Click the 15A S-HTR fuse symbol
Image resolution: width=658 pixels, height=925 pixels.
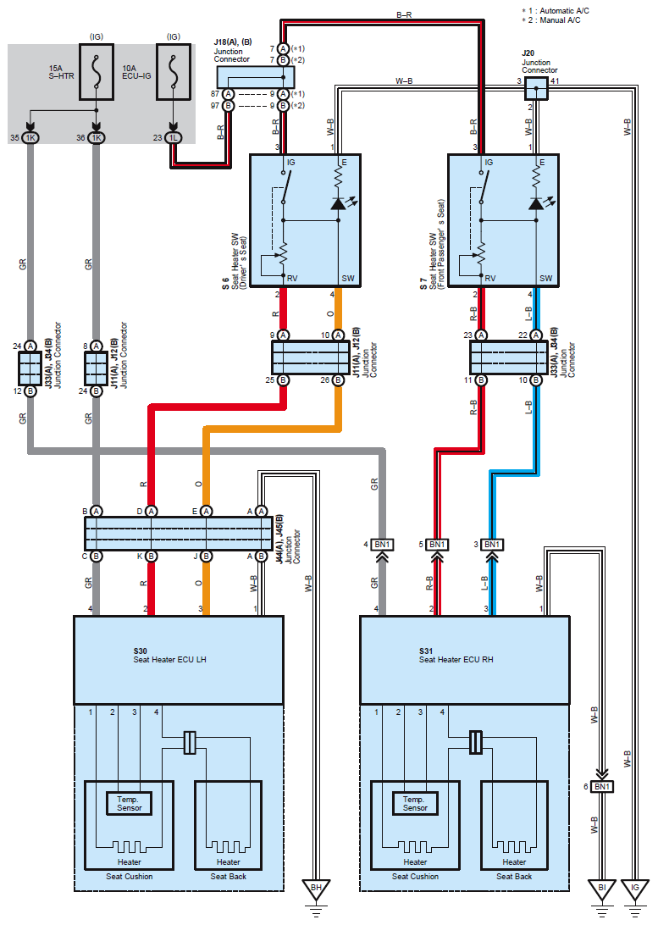(x=97, y=72)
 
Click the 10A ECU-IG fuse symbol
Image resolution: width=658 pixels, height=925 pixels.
(x=174, y=72)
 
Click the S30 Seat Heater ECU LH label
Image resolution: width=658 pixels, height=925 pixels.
(x=170, y=656)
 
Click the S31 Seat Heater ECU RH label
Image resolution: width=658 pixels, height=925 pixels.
(x=456, y=656)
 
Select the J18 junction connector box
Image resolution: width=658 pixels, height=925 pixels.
(x=255, y=77)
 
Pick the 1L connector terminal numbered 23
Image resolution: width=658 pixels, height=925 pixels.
(x=174, y=137)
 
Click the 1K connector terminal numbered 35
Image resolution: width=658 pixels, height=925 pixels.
(x=30, y=137)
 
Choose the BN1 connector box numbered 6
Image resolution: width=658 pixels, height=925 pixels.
(x=602, y=786)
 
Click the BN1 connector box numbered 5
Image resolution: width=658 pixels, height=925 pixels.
(x=437, y=545)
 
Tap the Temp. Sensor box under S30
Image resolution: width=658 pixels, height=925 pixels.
(x=129, y=804)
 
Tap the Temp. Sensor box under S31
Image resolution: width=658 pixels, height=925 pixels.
(x=415, y=804)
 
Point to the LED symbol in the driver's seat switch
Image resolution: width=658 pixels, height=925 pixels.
(x=339, y=203)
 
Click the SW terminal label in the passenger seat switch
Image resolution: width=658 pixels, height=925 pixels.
(x=546, y=278)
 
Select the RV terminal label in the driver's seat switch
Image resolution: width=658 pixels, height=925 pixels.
(x=292, y=278)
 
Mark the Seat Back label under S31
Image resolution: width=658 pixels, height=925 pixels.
(x=514, y=877)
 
